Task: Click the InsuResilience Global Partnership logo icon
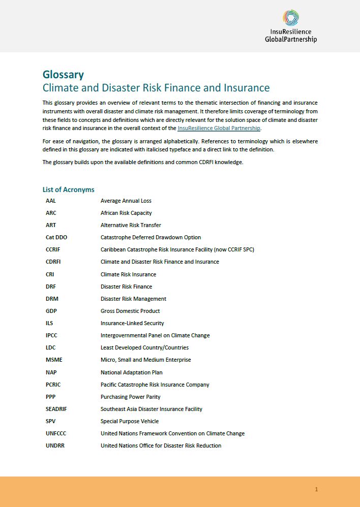click(x=290, y=18)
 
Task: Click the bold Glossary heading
click(x=63, y=75)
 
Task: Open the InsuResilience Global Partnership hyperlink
click(x=219, y=128)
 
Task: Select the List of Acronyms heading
click(x=68, y=189)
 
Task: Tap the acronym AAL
click(x=51, y=201)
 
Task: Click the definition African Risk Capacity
click(x=126, y=213)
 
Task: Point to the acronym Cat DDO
click(x=56, y=237)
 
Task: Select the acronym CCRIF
click(x=53, y=249)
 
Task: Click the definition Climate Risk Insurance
click(x=128, y=274)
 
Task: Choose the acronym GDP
click(x=51, y=311)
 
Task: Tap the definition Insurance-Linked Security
click(x=132, y=323)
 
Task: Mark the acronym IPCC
click(x=52, y=335)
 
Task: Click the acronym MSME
click(x=54, y=360)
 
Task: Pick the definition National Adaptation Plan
click(x=132, y=372)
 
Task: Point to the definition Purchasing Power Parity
click(x=131, y=397)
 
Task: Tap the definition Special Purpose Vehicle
click(x=130, y=421)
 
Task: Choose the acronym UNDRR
click(x=55, y=446)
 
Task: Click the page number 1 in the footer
click(x=316, y=490)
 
